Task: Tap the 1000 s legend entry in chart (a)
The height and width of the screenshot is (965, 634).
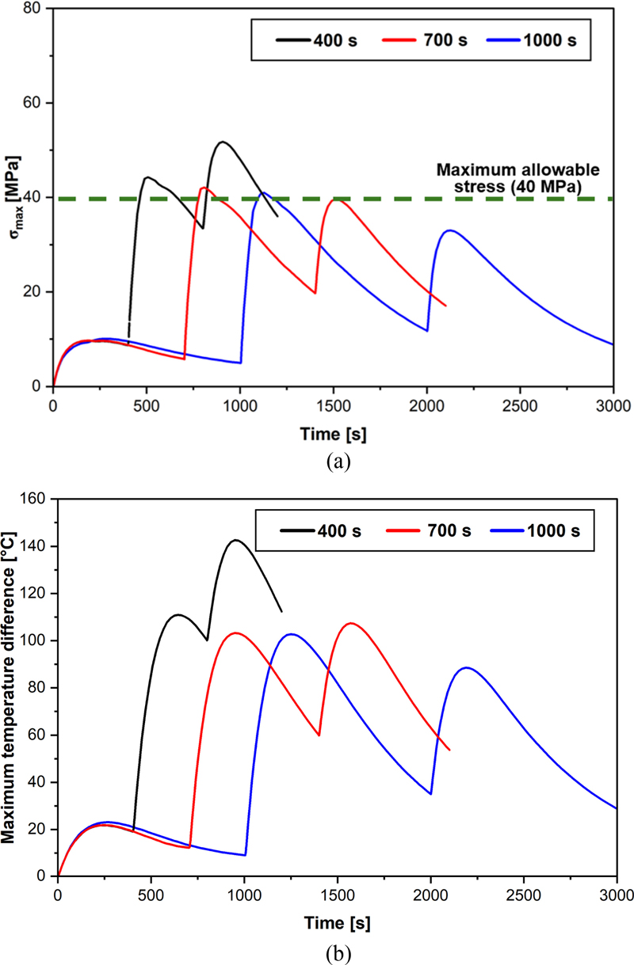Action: [547, 40]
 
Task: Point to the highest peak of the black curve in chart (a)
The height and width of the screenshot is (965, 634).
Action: [222, 142]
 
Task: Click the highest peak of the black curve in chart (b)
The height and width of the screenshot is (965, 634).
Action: [235, 540]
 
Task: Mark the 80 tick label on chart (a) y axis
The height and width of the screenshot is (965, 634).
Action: [34, 9]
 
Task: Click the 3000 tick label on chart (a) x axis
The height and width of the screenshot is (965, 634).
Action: [613, 402]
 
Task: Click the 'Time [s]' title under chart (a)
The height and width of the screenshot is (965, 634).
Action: [333, 435]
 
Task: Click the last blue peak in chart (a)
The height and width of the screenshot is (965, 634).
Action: [450, 230]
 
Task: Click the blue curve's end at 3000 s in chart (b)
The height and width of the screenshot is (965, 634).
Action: [616, 808]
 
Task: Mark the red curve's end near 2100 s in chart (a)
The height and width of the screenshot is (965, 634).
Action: [446, 306]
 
